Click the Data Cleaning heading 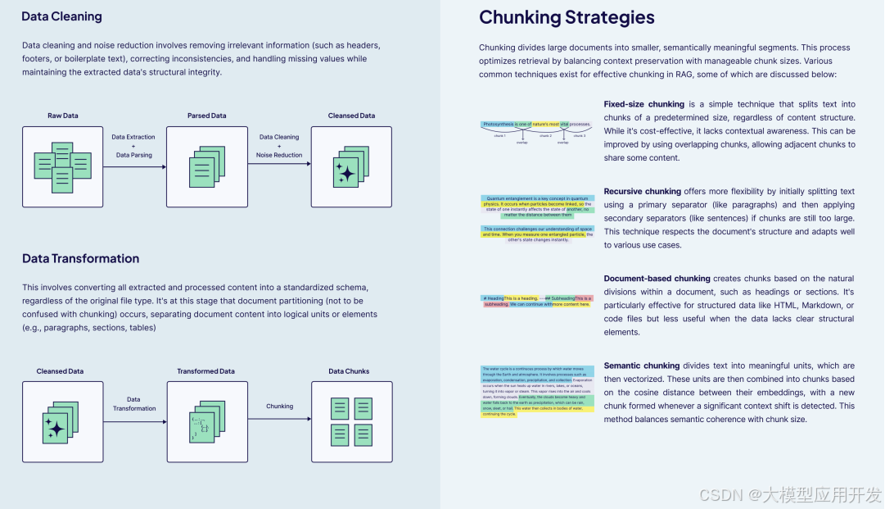[x=61, y=16]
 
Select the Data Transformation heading [x=80, y=258]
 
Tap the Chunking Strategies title [x=567, y=17]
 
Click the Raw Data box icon [x=62, y=166]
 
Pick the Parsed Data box [x=206, y=166]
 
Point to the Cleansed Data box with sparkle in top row [x=350, y=166]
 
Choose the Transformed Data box [x=206, y=421]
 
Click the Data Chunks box [x=351, y=421]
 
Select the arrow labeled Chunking [x=279, y=419]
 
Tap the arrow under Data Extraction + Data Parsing [x=134, y=166]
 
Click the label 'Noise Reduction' [x=279, y=155]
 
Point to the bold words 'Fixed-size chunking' [x=643, y=104]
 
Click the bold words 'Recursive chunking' [x=642, y=192]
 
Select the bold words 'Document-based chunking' [x=657, y=279]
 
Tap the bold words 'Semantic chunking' [x=641, y=366]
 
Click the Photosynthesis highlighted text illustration [x=536, y=124]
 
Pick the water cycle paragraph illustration [x=537, y=391]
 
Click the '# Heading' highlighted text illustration [x=537, y=301]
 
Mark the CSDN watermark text [x=791, y=495]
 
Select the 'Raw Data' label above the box [x=62, y=116]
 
